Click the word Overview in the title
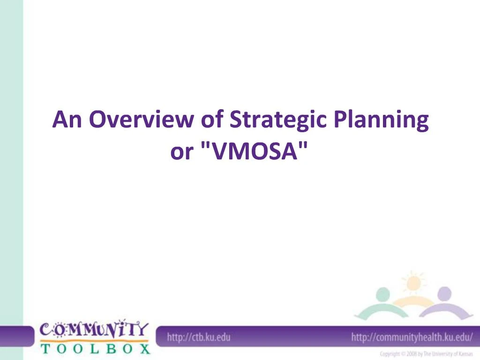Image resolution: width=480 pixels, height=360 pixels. (x=140, y=120)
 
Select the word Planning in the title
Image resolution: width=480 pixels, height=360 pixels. (x=381, y=120)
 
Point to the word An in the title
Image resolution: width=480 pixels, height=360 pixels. (x=68, y=120)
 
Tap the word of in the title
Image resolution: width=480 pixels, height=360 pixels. (x=212, y=120)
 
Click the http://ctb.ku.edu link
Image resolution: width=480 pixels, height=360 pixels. (x=199, y=337)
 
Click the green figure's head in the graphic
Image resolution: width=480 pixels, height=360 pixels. (x=383, y=295)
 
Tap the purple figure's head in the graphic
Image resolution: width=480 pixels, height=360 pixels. (x=443, y=294)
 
